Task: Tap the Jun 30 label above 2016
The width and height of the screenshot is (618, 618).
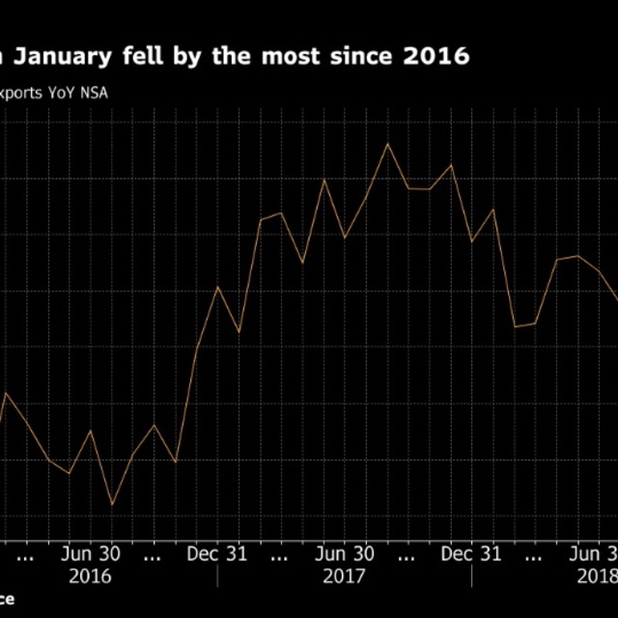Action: point(91,554)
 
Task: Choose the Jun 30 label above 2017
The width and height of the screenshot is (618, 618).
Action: point(345,554)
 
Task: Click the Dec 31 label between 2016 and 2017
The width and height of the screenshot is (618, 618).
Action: point(218,554)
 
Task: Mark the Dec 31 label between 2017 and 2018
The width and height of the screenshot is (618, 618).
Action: point(471,554)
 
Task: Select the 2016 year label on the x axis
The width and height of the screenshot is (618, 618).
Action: point(91,576)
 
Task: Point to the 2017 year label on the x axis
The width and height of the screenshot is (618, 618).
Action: point(345,576)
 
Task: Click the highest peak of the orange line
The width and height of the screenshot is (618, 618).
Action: point(387,144)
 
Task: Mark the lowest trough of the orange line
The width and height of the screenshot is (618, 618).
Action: point(112,504)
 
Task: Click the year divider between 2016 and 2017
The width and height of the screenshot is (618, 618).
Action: point(218,576)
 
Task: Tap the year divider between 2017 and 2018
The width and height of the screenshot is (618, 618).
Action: point(471,576)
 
